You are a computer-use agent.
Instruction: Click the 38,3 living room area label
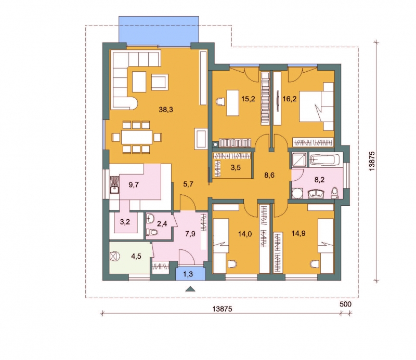(166, 109)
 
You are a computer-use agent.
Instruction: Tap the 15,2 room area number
(248, 99)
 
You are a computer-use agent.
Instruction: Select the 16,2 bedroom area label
(290, 99)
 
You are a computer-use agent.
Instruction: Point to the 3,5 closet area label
(236, 168)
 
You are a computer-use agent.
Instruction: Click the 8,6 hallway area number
(269, 175)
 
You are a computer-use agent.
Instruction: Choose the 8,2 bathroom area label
(319, 180)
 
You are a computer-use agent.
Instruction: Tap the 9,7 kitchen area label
(134, 185)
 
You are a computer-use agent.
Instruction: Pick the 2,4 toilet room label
(162, 224)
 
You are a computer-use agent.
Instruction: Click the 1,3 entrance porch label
(188, 274)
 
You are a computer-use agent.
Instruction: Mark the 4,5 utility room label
(136, 256)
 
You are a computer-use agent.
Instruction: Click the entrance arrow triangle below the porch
(190, 289)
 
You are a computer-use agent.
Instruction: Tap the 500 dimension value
(345, 304)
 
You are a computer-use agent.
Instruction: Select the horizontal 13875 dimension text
(223, 309)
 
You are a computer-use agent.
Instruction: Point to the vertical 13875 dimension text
(372, 161)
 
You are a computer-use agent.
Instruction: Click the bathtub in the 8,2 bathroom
(324, 160)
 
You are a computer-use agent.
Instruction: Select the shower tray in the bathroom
(298, 160)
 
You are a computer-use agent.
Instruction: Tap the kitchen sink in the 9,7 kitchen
(114, 185)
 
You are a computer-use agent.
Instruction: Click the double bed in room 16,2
(317, 106)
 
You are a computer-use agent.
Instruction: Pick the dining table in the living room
(137, 137)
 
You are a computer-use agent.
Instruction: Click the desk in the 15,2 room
(232, 103)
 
